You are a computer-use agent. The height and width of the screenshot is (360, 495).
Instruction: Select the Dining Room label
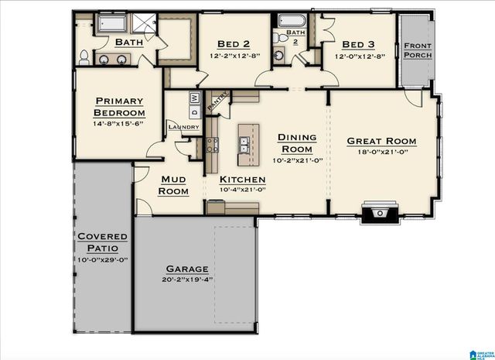point(296,143)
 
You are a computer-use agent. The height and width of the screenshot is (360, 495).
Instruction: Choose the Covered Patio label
point(97,242)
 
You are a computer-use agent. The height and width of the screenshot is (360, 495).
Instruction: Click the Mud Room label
point(173,185)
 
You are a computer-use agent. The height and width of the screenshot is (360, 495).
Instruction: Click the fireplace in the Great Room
point(379,211)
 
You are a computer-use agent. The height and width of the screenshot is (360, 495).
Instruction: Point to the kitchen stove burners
point(211,145)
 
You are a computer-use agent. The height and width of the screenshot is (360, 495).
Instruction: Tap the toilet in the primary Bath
point(84,56)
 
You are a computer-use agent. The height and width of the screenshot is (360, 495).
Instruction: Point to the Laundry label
point(184,127)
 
